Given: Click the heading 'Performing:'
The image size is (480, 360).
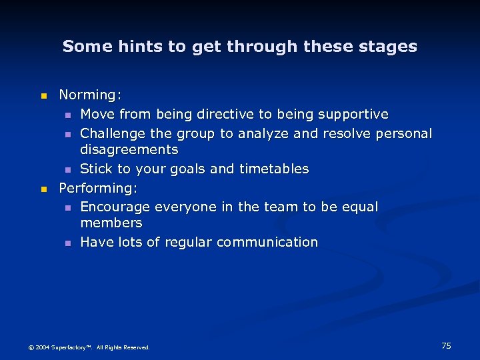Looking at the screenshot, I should pos(99,188).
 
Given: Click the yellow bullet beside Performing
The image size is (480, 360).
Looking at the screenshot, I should pos(44,189).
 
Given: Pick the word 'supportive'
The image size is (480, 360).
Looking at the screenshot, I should pos(353,115).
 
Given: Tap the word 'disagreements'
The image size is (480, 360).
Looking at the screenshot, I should pos(129,149).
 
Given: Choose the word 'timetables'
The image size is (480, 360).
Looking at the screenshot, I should pos(275,169).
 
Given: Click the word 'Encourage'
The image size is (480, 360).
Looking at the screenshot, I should pos(114,207).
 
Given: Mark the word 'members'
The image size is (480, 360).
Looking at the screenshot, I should pos(111,223).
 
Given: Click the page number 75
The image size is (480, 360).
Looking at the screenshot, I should pos(446,345).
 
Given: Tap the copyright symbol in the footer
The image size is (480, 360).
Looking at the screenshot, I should pos(30,347).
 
